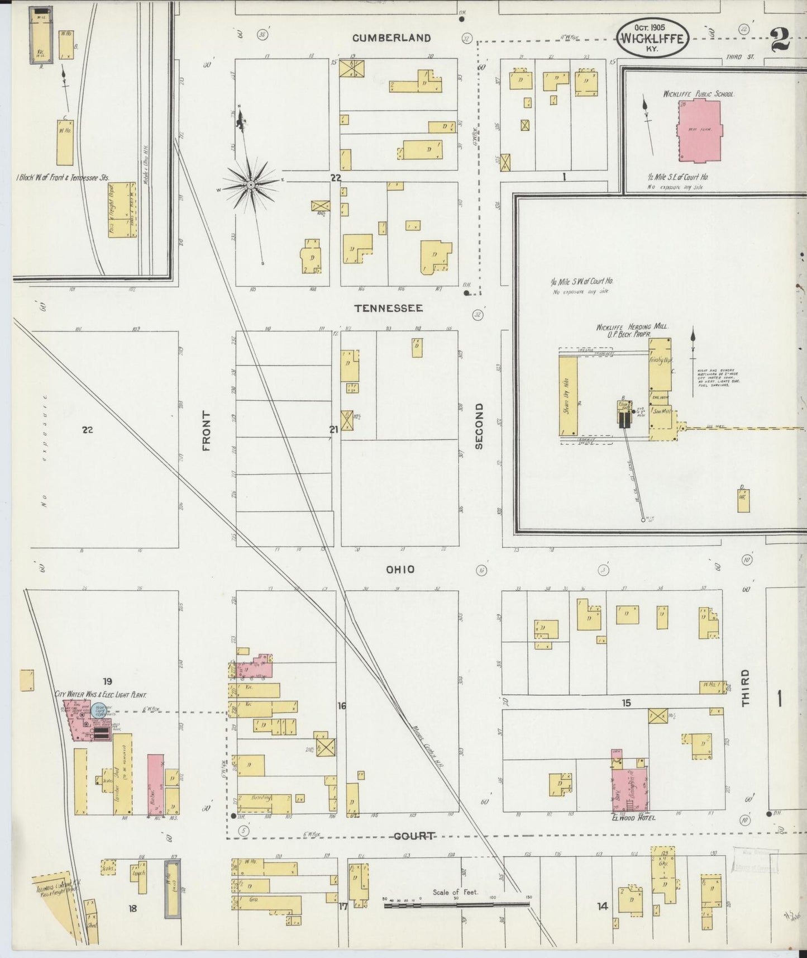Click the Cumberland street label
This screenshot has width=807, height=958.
391,38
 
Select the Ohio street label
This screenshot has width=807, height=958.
400,569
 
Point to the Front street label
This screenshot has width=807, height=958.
207,431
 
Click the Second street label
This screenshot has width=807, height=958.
479,426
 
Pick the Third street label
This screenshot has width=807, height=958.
745,689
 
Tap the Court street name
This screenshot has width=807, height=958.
414,836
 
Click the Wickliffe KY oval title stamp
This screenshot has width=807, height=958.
652,38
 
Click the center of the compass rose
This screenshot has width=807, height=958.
251,184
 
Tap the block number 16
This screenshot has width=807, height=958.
341,706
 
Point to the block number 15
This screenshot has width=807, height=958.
626,703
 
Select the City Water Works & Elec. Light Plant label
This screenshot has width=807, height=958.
101,695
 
